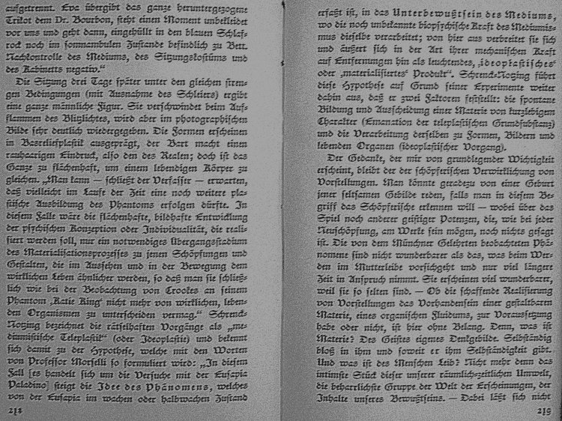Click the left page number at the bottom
click(x=15, y=411)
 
